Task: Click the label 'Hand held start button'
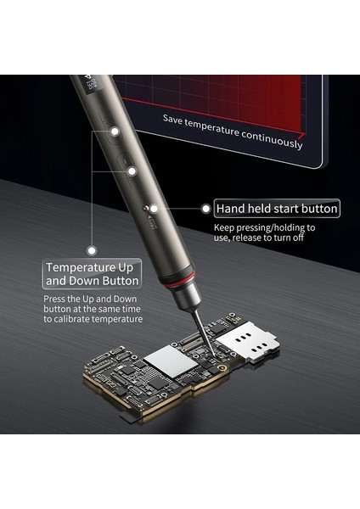coord(277,208)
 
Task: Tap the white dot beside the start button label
coord(205,207)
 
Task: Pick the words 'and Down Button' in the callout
coord(92,280)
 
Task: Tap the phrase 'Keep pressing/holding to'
coord(264,227)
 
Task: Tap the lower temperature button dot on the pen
coord(132,170)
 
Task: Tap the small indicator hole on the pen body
coord(152,207)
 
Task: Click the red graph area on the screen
coord(221,93)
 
